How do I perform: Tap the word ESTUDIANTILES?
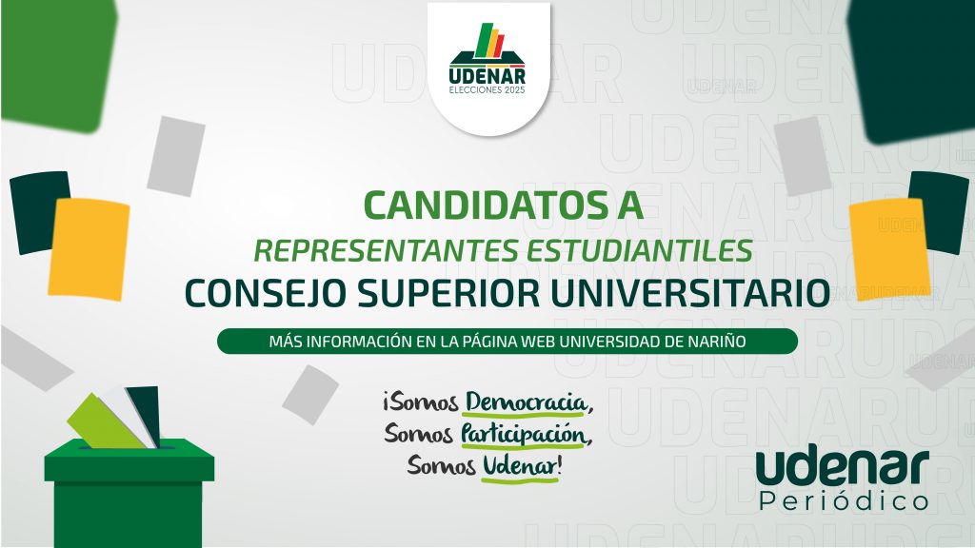pos(640,250)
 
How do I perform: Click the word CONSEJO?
pos(265,293)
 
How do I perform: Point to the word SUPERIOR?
pos(448,293)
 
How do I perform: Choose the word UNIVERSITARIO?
pos(690,293)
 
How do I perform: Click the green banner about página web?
pos(507,342)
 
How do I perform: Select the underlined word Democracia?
pos(526,402)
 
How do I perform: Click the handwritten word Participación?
pos(524,434)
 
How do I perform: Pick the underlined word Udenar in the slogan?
pos(520,466)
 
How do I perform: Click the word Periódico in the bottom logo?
pos(844,500)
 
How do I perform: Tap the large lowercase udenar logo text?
pos(843,468)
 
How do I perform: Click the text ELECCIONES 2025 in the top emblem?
pos(487,90)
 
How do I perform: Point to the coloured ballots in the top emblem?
pos(489,40)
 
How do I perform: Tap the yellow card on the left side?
pos(89,248)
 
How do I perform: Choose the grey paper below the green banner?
pos(310,395)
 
